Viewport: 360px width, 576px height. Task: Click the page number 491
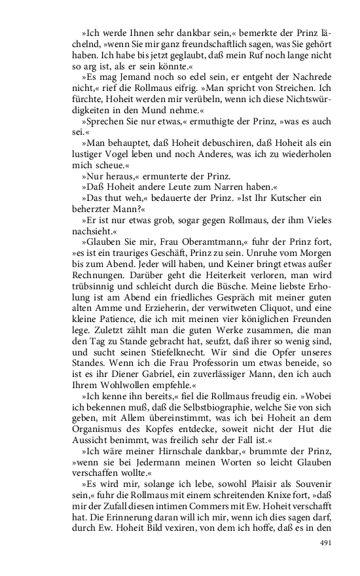326,543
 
